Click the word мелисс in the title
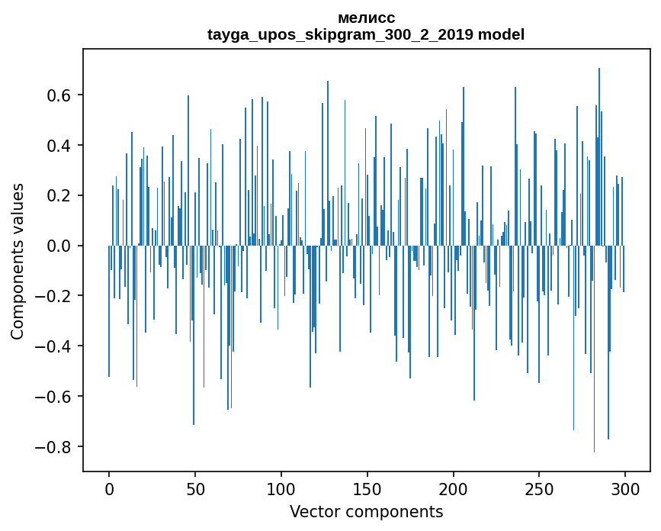366,18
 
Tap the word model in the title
501,35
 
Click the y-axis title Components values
18,262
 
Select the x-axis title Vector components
366,511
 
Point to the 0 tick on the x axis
109,488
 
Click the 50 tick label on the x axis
195,488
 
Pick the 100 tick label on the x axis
281,488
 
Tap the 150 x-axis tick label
367,488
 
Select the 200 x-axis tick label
454,488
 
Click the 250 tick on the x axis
539,488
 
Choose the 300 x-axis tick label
625,488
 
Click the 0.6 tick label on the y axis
60,95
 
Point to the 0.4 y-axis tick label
60,146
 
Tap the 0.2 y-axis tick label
60,195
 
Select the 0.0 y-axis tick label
60,246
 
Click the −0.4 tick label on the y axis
55,346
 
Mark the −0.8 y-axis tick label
55,446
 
